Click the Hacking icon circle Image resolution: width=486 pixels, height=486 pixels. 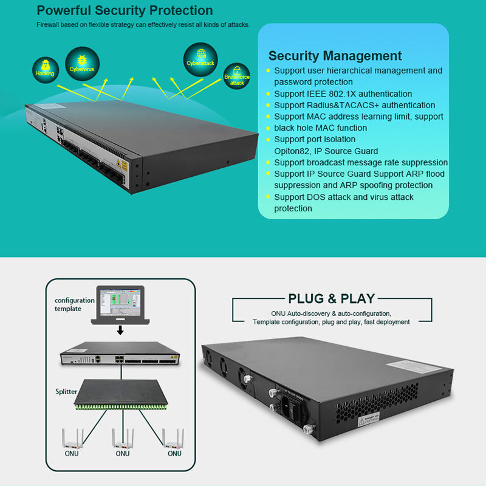pos(45,69)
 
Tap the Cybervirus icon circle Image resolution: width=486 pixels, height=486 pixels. pos(81,63)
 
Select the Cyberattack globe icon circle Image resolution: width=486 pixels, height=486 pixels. pos(200,59)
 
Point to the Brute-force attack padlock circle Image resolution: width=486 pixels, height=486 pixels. pos(237,77)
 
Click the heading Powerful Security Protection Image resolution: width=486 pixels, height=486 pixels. pos(125,11)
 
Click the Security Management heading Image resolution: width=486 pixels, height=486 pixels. pos(335,56)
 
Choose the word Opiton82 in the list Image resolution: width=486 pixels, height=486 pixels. pos(291,151)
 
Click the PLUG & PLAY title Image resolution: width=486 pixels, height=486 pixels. pos(331,299)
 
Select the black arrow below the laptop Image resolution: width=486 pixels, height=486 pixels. pos(121,330)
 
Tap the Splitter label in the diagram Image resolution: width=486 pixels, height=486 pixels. pos(67,392)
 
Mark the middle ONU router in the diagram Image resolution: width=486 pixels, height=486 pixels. pos(123,438)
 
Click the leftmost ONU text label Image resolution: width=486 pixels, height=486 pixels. pos(72,453)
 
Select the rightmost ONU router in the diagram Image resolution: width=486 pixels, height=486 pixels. pos(173,438)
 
